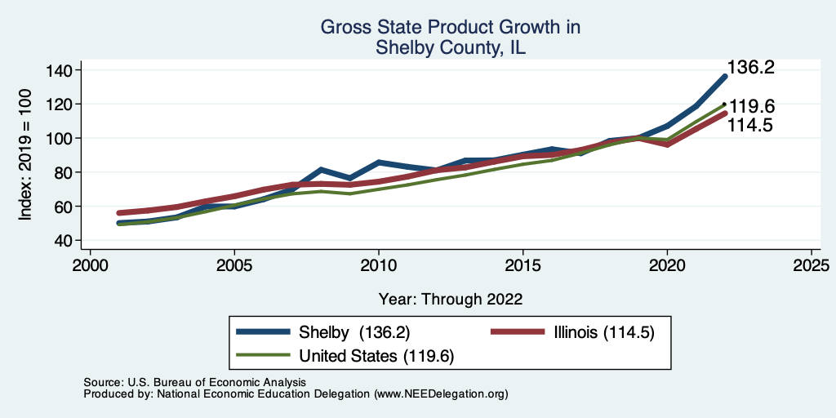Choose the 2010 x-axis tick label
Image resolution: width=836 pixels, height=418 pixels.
tap(379, 266)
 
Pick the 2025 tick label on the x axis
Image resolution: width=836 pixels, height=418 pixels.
tap(812, 266)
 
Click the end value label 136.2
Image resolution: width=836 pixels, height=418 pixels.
tap(750, 68)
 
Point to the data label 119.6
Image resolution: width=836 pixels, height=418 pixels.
tap(752, 107)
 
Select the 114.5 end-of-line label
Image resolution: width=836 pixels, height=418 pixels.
tap(750, 125)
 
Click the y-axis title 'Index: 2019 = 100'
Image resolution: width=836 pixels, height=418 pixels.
tap(26, 155)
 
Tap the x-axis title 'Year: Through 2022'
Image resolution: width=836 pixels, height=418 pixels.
tap(450, 298)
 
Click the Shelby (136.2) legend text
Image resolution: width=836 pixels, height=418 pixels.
tap(354, 332)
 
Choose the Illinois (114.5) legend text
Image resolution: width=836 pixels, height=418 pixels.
tap(603, 332)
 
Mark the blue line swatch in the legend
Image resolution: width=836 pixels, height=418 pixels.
tap(263, 332)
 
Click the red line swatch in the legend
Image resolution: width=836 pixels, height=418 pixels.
tap(517, 332)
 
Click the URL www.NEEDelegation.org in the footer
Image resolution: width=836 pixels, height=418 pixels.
tap(439, 394)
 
